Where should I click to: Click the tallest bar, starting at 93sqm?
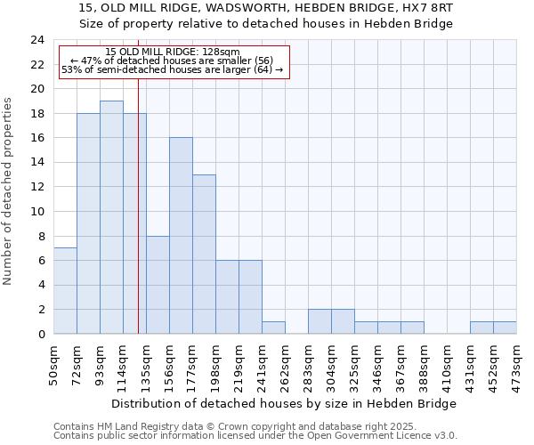point(111,217)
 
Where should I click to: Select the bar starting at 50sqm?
point(65,291)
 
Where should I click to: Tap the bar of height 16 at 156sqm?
point(181,236)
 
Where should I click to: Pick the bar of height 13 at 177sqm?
point(204,255)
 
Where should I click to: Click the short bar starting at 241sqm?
point(273,328)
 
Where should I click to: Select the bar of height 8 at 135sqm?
point(158,285)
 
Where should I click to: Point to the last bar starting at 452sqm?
point(505,328)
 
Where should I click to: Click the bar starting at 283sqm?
point(320,321)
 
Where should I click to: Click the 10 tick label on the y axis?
point(37,212)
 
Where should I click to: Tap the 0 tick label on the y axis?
point(41,335)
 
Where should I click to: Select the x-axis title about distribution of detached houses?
point(285,403)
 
